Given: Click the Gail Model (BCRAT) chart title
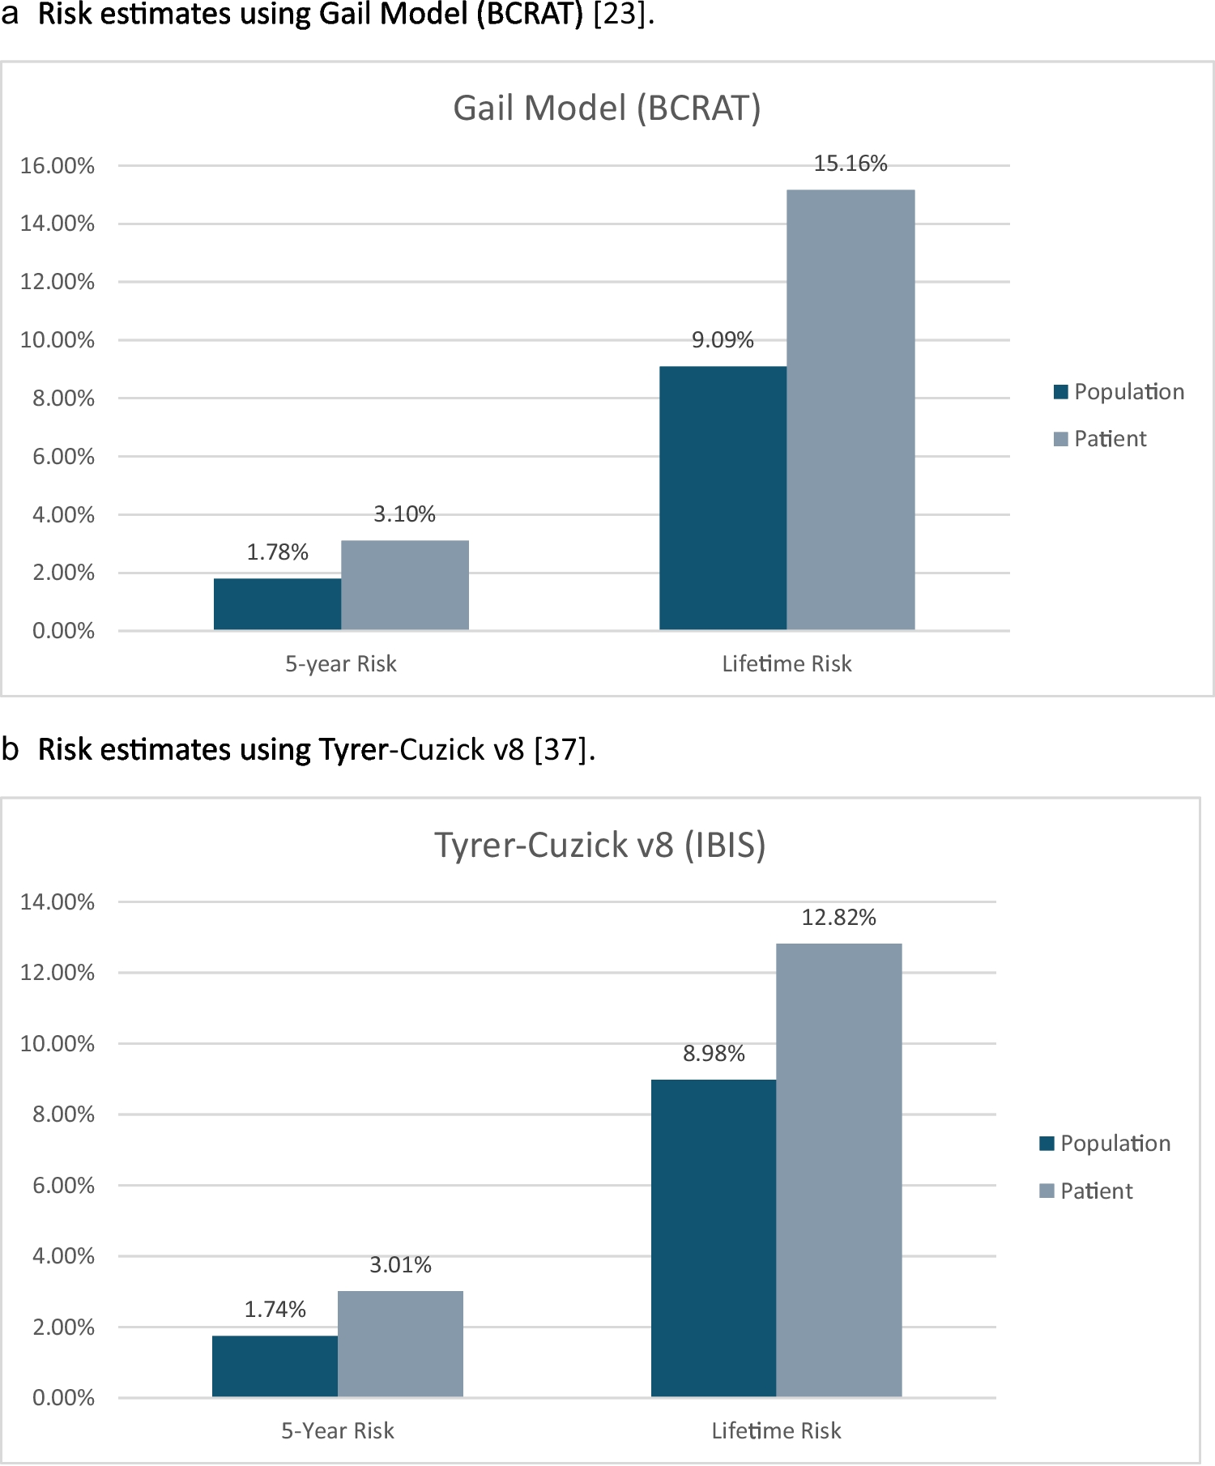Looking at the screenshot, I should pos(607,109).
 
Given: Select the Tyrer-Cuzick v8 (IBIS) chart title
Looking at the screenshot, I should pos(599,845).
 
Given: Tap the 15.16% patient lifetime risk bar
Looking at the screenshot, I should pos(850,410).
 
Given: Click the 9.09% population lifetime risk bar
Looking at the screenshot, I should pos(723,498).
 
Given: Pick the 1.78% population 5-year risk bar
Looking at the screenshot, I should pos(277,604).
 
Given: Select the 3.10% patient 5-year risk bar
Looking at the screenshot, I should pos(404,585).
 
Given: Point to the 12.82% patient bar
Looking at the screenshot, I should pos(838,1170).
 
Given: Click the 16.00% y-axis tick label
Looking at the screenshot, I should pos(58,166).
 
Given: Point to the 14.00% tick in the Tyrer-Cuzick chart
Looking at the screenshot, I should pos(58,902).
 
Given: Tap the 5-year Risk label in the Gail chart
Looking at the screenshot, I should pos(340,664).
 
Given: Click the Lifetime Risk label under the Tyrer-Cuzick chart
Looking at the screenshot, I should pos(776,1430).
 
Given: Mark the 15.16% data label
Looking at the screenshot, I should pos(850,164).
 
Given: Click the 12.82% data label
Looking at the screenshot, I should pos(838,918).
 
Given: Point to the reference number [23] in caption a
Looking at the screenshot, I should pos(620,15).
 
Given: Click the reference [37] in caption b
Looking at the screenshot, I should pos(561,750).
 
